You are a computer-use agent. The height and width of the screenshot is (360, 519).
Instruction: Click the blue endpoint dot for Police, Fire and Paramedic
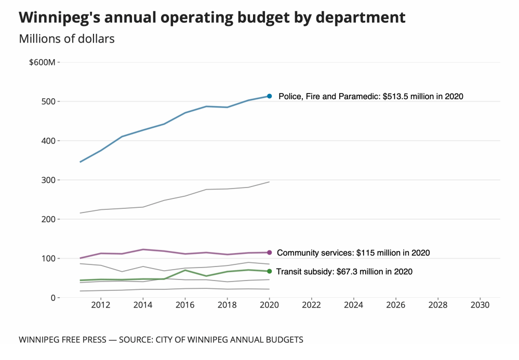[269, 96]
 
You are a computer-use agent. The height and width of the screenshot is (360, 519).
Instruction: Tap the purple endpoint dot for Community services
[269, 252]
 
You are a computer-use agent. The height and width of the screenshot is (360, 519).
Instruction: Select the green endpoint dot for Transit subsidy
[269, 271]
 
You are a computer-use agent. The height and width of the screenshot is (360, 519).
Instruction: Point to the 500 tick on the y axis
[48, 102]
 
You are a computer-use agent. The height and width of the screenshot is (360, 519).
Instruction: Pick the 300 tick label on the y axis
[48, 180]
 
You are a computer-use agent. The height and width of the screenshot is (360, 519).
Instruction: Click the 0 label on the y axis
[53, 298]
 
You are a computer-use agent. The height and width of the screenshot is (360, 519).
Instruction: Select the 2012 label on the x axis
[100, 305]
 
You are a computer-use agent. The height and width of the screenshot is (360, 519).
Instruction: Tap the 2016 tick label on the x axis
[185, 305]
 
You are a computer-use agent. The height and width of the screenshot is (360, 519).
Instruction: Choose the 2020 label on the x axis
[269, 305]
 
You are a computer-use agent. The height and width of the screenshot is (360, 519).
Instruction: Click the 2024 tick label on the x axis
[353, 305]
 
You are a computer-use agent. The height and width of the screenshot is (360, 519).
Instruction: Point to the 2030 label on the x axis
[480, 305]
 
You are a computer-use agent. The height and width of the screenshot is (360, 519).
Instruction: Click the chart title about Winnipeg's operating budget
[212, 17]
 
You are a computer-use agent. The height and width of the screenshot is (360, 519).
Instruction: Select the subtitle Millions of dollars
[66, 38]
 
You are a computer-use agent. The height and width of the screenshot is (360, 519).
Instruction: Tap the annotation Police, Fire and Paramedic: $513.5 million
[370, 96]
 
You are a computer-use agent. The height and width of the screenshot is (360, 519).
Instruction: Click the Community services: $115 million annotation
[353, 253]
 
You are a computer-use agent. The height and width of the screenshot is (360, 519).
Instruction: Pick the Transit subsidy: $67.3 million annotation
[344, 271]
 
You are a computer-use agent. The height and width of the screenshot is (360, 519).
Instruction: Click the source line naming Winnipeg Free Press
[161, 340]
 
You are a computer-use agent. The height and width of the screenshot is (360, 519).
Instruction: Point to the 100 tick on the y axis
[48, 259]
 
